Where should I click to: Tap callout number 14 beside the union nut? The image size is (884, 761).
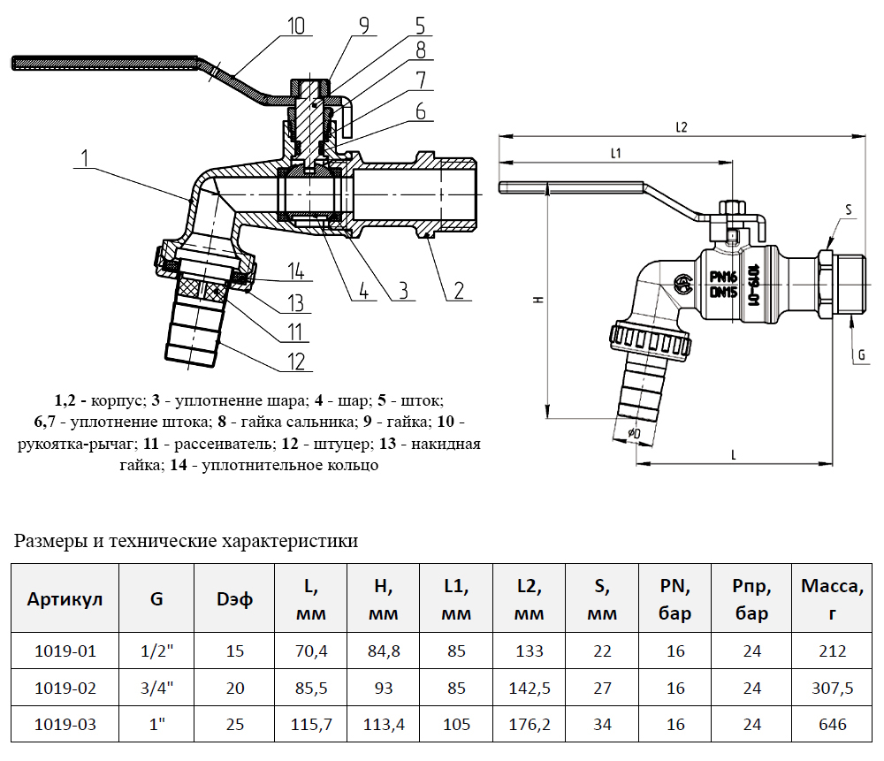295,270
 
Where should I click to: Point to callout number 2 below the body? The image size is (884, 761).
459,290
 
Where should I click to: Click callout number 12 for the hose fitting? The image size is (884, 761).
295,361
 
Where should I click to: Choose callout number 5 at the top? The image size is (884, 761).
420,26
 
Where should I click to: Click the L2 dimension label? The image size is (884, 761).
681,126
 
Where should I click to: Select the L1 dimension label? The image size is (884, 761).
615,153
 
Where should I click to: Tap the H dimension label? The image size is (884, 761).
537,301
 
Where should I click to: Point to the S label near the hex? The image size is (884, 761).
849,209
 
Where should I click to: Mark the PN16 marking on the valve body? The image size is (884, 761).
723,277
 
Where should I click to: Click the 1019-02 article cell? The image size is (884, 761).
65,688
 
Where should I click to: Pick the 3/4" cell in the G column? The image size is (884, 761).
156,688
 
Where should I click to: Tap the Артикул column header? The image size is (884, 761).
65,598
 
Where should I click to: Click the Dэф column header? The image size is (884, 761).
234,598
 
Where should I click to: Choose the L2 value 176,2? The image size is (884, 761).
529,725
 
